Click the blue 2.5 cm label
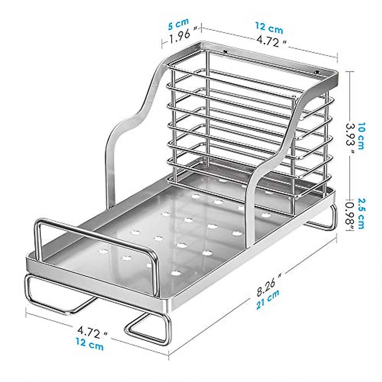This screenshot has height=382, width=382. [362, 213]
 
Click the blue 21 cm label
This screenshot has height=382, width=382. [268, 299]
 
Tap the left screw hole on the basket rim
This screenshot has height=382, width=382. [225, 51]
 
